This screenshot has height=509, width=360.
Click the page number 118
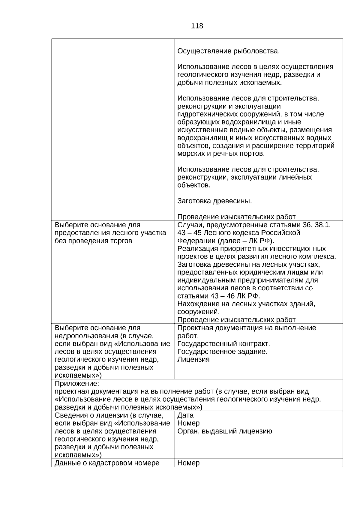click(197, 26)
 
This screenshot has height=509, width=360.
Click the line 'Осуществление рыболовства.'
click(228, 51)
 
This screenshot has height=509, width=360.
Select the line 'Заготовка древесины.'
click(214, 201)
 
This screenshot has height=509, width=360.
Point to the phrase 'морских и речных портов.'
click(221, 154)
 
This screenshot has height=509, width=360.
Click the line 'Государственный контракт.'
click(223, 344)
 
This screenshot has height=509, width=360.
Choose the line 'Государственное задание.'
click(222, 352)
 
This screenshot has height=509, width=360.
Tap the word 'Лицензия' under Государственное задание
click(193, 359)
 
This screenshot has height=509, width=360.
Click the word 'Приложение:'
click(76, 384)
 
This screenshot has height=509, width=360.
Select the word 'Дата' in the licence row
click(185, 415)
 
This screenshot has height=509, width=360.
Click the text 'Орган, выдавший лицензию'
click(225, 431)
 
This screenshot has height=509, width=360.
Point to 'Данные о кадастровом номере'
click(107, 463)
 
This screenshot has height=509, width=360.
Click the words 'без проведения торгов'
click(93, 241)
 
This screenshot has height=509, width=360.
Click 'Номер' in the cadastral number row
click(188, 463)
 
